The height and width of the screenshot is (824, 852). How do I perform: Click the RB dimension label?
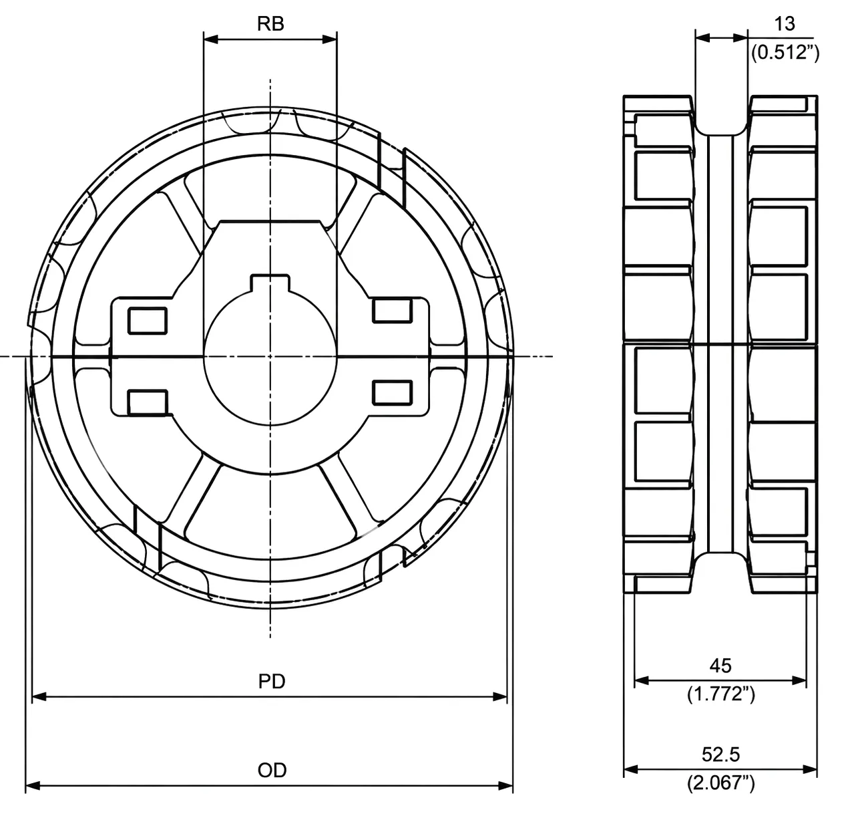pos(270,23)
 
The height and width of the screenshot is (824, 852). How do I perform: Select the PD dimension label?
pos(272,681)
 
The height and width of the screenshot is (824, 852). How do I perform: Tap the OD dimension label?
pos(272,770)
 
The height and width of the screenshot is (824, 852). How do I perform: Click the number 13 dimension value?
pos(785,23)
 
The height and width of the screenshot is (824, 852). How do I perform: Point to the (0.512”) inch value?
pos(785,53)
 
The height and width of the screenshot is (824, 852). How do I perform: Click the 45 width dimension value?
pos(720,666)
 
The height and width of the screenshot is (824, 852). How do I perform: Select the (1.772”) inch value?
pos(720,694)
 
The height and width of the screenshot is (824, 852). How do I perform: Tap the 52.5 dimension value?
pos(720,754)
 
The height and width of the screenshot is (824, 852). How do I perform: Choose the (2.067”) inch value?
pos(720,783)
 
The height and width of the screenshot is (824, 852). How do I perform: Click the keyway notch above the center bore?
pos(270,283)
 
